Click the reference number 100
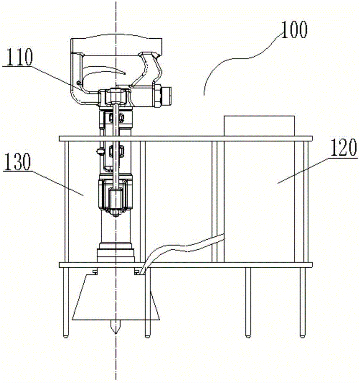294,30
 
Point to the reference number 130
18,162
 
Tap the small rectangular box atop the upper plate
259,126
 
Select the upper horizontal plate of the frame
186,139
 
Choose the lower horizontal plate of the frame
186,265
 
